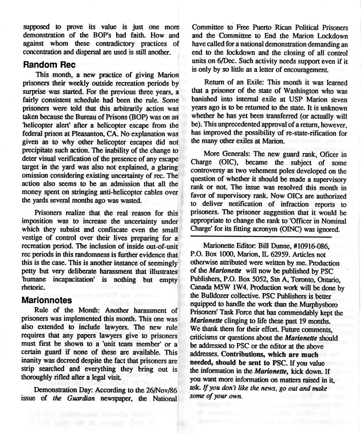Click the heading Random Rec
tap(49, 65)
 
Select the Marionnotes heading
tap(47, 300)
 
